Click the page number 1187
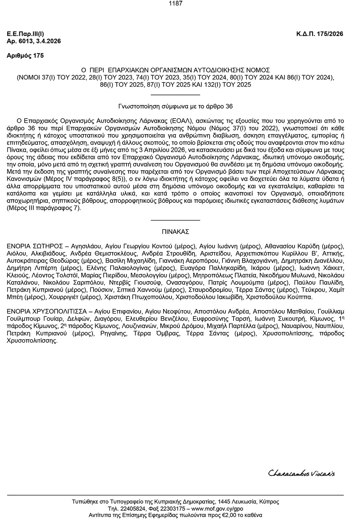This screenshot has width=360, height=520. click(x=175, y=4)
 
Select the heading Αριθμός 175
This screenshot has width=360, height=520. click(x=25, y=56)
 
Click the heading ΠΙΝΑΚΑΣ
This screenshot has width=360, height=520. click(x=175, y=232)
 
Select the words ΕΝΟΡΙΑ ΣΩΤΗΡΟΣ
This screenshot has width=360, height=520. click(x=35, y=246)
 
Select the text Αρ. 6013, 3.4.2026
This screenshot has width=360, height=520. click(x=34, y=41)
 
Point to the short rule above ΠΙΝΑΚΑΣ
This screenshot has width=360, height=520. click(x=175, y=220)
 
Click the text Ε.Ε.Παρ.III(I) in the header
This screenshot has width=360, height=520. click(x=25, y=34)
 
